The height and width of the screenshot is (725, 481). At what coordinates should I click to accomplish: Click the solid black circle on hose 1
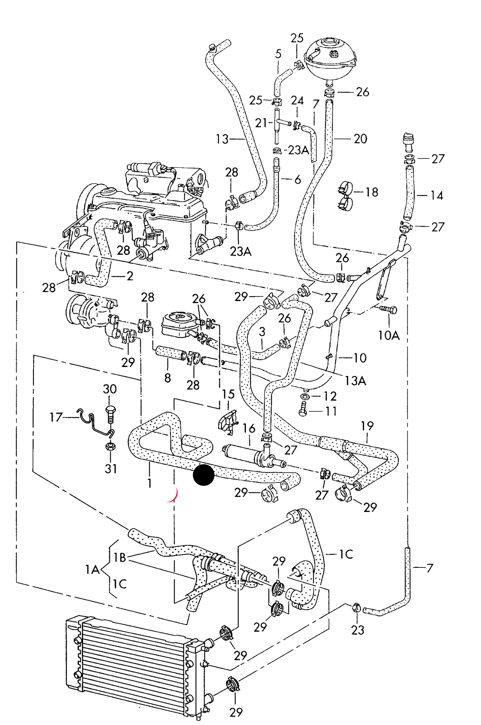(204, 475)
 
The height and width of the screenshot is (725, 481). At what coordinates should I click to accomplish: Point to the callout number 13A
(355, 381)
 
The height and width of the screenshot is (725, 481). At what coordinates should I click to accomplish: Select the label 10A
(389, 335)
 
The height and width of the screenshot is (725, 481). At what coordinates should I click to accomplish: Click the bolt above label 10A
(388, 309)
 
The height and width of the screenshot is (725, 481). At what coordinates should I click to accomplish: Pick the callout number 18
(372, 192)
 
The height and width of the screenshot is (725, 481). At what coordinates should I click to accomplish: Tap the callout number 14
(437, 195)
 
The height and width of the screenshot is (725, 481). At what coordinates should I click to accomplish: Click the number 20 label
(361, 139)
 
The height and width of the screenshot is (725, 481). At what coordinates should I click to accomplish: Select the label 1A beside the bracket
(93, 570)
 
